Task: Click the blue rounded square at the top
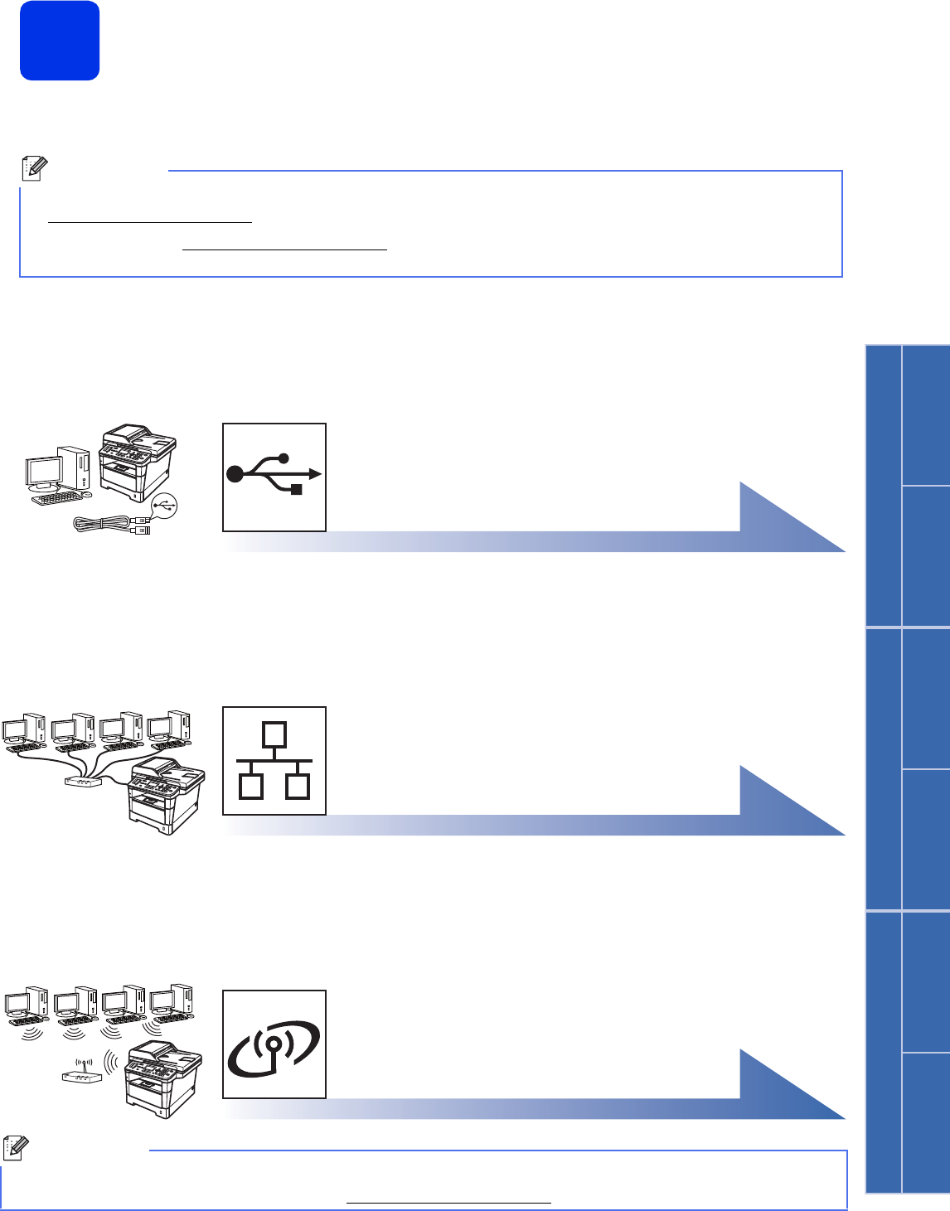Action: click(x=60, y=41)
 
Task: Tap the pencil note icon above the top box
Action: click(x=32, y=168)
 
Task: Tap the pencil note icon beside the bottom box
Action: click(x=15, y=1148)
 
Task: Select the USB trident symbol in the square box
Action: click(x=274, y=476)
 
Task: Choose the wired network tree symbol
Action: click(x=274, y=761)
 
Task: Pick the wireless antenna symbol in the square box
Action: click(x=274, y=1044)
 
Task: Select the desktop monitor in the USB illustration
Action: click(x=44, y=474)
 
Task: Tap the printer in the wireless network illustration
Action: click(x=163, y=1078)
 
